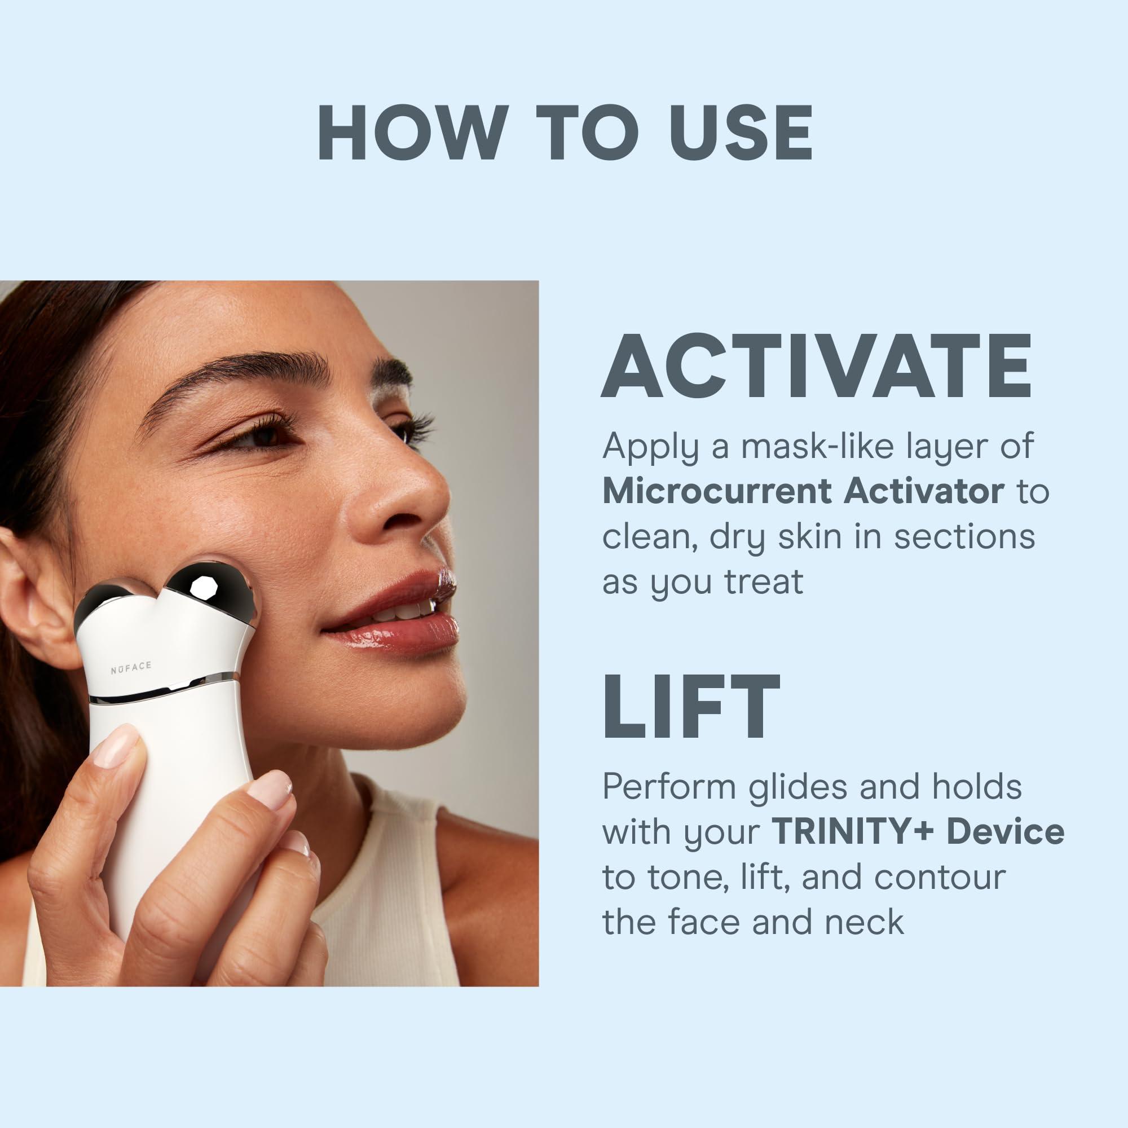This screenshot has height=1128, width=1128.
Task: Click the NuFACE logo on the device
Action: [x=131, y=668]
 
